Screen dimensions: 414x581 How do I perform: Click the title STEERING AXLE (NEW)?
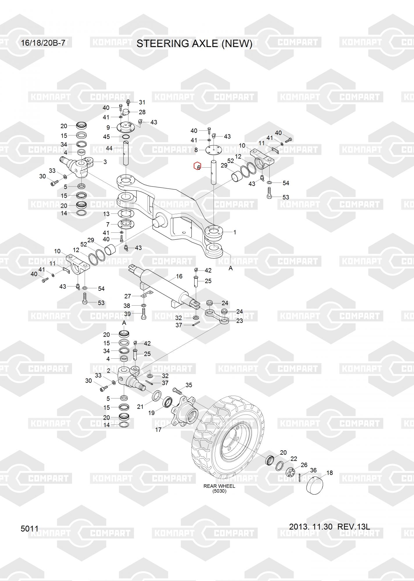coord(194,44)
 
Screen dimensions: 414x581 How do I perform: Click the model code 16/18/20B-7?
coord(43,43)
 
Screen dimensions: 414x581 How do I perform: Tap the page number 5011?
coord(30,528)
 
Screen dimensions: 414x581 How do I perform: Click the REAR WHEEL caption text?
coord(219,486)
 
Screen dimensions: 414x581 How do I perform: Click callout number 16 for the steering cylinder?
coord(179,276)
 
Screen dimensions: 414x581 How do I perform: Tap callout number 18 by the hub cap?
coord(329,473)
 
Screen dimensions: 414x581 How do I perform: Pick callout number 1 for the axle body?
coord(235,232)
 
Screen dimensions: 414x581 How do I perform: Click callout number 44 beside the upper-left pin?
coord(109,148)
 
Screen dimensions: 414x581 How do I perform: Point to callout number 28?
coord(142,112)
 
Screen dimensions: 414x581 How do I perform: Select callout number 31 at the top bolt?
coord(142,102)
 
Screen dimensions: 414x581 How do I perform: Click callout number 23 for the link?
coord(240,321)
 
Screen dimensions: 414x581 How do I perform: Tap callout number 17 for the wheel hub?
coord(158,429)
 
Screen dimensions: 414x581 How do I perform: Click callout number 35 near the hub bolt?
coord(189,385)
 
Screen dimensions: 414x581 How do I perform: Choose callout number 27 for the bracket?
coord(128,296)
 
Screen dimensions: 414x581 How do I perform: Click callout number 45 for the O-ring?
coord(106,137)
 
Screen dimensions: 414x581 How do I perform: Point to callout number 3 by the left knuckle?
coord(105,162)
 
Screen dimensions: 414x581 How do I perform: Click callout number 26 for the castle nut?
coord(304,465)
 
